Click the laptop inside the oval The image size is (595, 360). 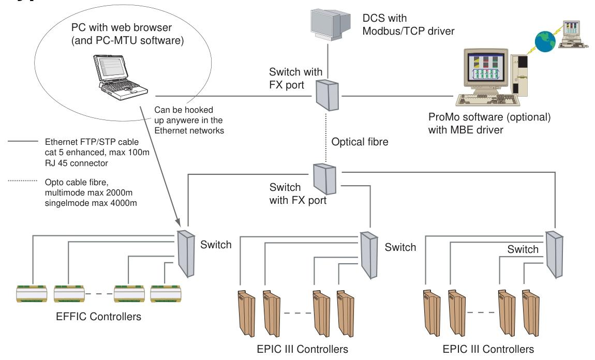click(121, 77)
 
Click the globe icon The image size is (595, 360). click(545, 41)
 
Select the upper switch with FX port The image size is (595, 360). click(327, 95)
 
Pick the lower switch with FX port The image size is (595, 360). click(325, 178)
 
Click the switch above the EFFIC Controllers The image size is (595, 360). click(186, 253)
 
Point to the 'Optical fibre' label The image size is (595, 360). click(360, 142)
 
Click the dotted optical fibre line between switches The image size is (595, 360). click(326, 137)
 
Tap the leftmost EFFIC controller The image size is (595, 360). click(32, 294)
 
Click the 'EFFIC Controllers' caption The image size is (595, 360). click(98, 317)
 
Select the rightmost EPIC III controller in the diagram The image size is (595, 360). click(530, 313)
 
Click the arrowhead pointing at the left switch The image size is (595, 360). click(177, 222)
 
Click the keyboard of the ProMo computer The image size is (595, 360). click(487, 99)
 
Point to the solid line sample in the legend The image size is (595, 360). click(23, 142)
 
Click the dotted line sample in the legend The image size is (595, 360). click(23, 181)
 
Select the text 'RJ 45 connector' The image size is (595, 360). click(76, 163)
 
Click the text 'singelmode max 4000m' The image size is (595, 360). click(91, 203)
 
